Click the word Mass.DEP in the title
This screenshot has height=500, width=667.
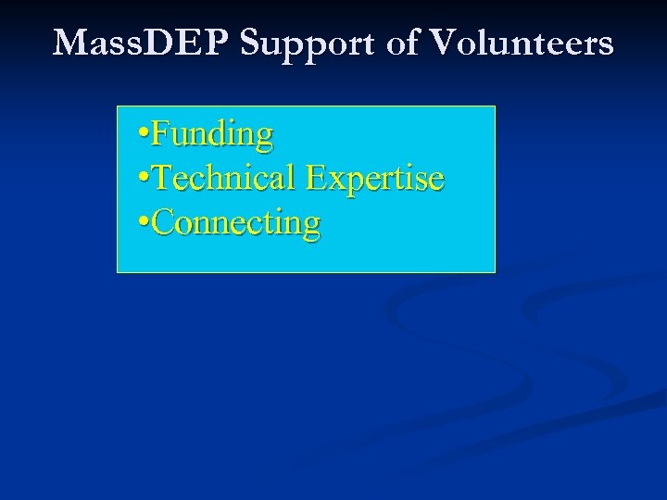(x=143, y=43)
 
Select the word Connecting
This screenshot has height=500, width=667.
(x=235, y=223)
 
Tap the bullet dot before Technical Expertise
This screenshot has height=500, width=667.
(x=141, y=181)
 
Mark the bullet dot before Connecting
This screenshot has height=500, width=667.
(x=141, y=225)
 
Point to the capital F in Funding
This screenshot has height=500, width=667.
(x=159, y=134)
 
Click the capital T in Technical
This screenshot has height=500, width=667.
(x=160, y=178)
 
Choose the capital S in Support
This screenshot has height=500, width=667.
(x=251, y=43)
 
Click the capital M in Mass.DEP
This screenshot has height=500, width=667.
(x=70, y=43)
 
